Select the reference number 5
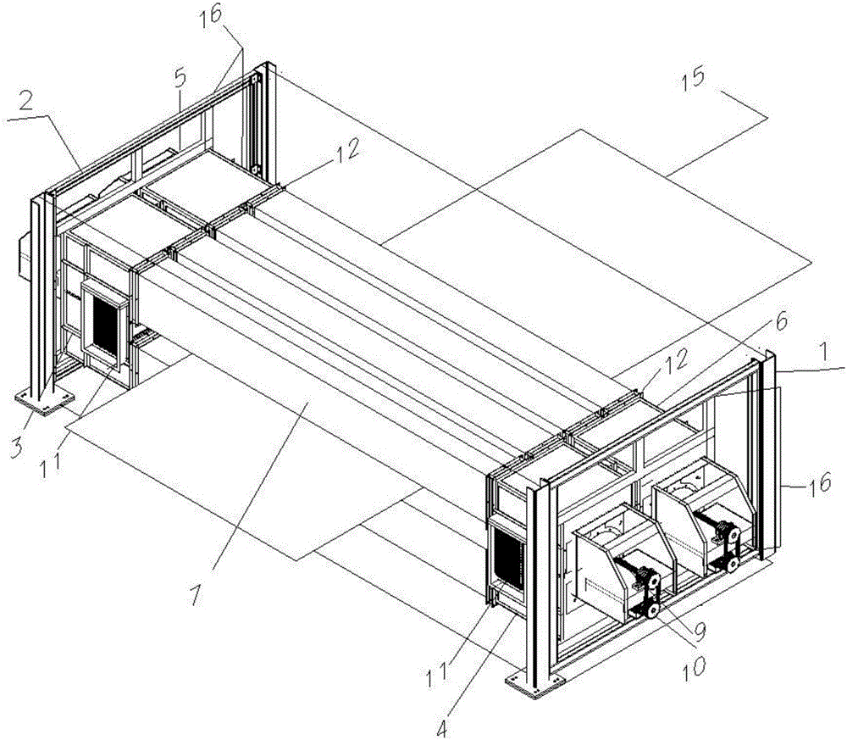(x=180, y=79)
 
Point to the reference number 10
(x=694, y=665)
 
